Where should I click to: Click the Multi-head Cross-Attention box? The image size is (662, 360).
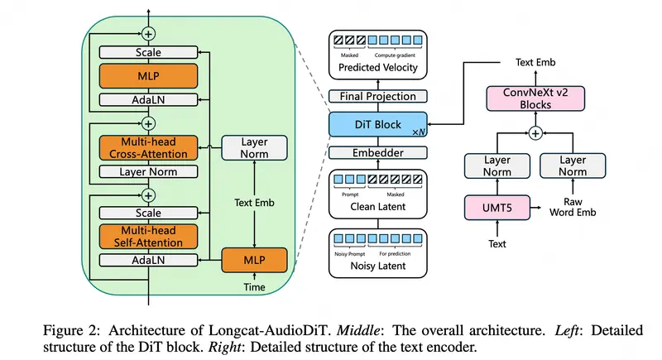150,148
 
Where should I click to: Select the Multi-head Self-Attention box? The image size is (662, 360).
150,235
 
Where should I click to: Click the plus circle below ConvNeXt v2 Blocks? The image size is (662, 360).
535,132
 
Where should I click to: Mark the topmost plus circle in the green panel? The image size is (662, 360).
149,34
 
